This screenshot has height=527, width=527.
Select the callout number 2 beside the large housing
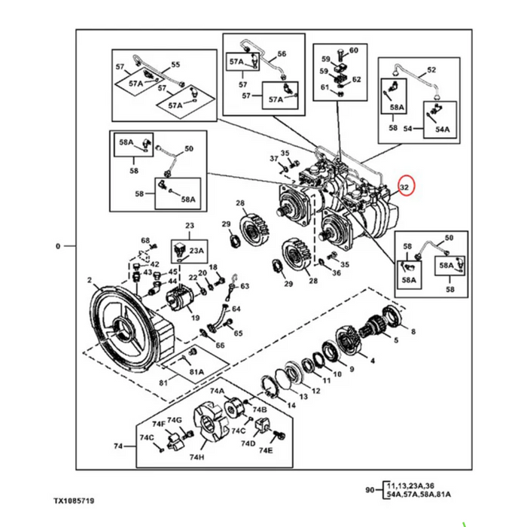coord(89,282)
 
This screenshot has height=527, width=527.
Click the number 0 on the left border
coord(59,246)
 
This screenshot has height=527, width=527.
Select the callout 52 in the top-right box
coord(431,70)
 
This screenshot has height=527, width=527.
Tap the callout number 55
coord(175,65)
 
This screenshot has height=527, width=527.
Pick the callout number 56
coord(282,54)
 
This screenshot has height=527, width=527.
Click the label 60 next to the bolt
coord(354,50)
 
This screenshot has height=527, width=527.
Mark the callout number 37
coord(275,159)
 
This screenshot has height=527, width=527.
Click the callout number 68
coord(146,241)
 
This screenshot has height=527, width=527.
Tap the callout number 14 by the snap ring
coord(291,404)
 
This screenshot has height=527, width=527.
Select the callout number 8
coord(412,331)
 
